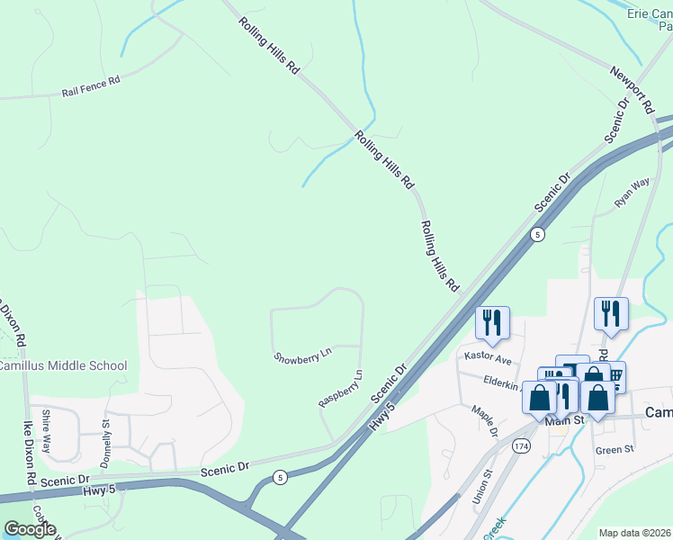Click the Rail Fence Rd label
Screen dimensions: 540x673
click(x=91, y=87)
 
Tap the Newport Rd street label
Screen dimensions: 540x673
click(x=631, y=88)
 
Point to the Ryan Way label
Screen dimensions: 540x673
click(x=632, y=193)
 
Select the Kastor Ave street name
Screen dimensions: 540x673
click(x=487, y=358)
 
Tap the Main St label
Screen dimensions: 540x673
click(x=565, y=419)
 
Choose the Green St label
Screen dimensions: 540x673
click(x=615, y=449)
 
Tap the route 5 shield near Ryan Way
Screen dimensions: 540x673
click(x=537, y=234)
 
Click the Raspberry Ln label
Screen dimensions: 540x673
click(x=341, y=388)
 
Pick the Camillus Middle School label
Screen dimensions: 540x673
click(x=64, y=365)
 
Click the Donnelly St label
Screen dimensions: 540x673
click(x=106, y=436)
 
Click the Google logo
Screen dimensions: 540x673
click(x=29, y=528)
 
